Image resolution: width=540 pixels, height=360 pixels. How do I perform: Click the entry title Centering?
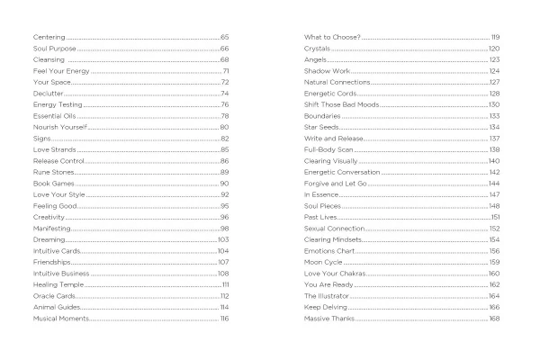click(36, 37)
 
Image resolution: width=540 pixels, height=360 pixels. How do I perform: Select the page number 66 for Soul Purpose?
click(225, 48)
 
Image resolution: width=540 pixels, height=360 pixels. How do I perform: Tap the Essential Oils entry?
click(41, 116)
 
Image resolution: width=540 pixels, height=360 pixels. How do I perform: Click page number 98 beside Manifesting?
click(225, 229)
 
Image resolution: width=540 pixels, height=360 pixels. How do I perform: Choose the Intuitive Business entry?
click(47, 274)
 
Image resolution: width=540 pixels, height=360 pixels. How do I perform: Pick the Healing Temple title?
click(42, 284)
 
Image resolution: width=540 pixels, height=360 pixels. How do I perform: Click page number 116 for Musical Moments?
click(225, 319)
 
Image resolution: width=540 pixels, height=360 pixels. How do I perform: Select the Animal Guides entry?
click(41, 307)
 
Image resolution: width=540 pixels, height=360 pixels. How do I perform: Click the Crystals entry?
click(317, 48)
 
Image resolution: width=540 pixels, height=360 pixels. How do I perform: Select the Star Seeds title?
click(320, 127)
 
